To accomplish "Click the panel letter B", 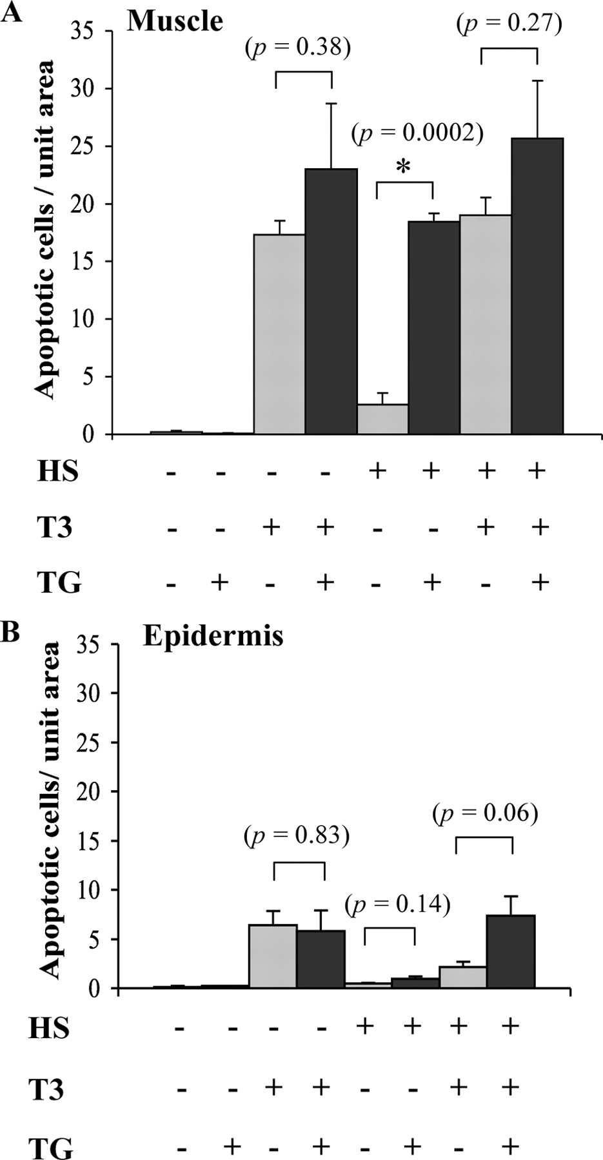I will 10,632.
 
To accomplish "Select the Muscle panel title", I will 175,21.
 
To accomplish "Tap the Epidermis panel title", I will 213,635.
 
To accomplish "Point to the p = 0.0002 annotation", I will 417,133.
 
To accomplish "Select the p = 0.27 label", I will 509,24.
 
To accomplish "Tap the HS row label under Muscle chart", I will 57,472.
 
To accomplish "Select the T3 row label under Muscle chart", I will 54,528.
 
